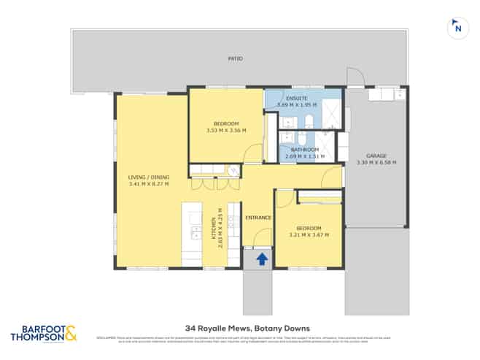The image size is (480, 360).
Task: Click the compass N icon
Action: (x=457, y=28)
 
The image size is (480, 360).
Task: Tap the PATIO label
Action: (x=234, y=58)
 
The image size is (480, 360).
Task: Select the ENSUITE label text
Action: (x=296, y=98)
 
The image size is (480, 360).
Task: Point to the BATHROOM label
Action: (x=304, y=149)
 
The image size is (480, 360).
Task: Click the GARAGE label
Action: (x=376, y=156)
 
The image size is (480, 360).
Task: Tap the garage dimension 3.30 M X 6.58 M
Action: (x=376, y=162)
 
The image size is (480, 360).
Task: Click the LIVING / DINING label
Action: (x=149, y=176)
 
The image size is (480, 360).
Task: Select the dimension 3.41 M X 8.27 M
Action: (x=149, y=183)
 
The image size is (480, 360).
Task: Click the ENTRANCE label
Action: (x=258, y=218)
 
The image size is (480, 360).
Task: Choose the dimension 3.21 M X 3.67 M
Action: (x=309, y=235)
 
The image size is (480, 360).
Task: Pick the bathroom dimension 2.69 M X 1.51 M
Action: (x=304, y=156)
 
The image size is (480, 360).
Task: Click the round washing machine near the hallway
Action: (x=233, y=171)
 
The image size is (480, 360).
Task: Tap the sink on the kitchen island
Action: (x=195, y=233)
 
